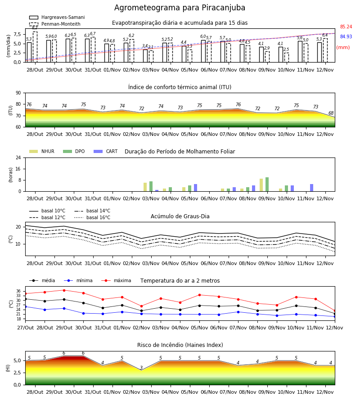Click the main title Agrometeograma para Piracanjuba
[180, 8]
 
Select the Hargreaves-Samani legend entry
[57, 17]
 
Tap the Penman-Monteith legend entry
[55, 24]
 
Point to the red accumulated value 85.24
[346, 27]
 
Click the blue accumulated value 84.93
[346, 37]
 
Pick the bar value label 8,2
[35, 27]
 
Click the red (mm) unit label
[343, 48]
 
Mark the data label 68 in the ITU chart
[331, 113]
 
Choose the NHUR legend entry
[42, 151]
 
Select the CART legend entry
[106, 151]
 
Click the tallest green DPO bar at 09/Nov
[267, 184]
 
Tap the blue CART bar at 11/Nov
[312, 188]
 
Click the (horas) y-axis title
[11, 175]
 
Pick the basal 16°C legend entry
[92, 217]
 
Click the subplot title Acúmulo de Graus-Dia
[180, 216]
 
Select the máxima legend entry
[116, 280]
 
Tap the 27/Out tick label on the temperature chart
[26, 328]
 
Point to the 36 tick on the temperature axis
[18, 291]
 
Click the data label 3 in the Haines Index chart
[141, 368]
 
